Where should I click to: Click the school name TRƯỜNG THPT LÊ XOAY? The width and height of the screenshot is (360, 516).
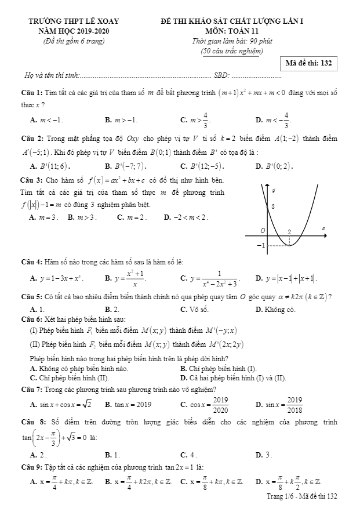click(74, 21)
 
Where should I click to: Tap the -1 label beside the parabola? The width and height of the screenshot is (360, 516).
click(261, 245)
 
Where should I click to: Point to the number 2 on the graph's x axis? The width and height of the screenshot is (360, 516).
click(289, 231)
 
